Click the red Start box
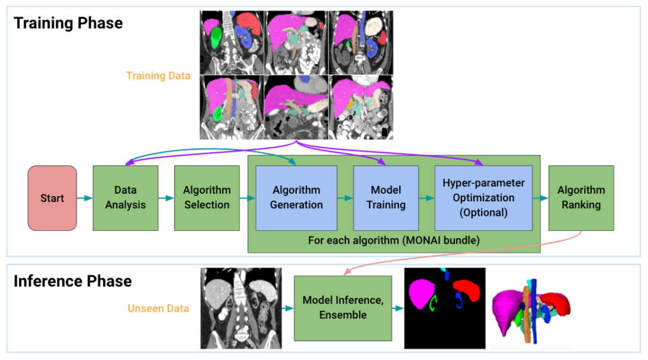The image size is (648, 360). point(52,198)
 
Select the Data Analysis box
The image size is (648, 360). point(125,197)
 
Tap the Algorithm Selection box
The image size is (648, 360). point(206,197)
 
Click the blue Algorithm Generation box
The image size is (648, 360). point(296,197)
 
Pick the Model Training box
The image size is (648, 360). point(385,197)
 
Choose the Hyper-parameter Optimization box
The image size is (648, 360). point(483,197)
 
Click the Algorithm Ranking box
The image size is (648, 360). point(581,197)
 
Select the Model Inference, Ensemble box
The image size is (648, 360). point(342,307)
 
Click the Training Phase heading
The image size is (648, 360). point(68,23)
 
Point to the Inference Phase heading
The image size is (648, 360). point(72,281)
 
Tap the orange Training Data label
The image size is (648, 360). point(158,76)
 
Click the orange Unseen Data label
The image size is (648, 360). point(159,309)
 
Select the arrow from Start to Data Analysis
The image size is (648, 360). point(85,198)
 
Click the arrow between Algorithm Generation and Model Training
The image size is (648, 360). point(345,198)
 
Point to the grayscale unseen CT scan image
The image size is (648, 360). point(240,308)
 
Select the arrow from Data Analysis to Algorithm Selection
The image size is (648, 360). point(166,198)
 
